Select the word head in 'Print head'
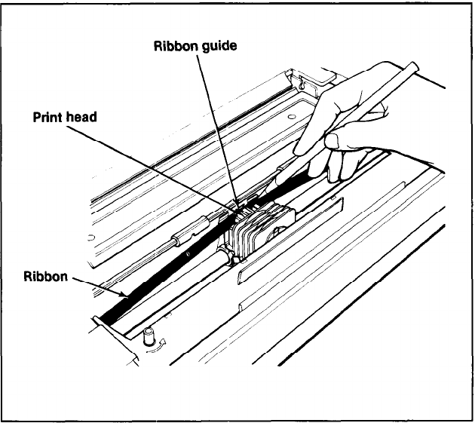83,118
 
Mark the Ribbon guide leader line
219,128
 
